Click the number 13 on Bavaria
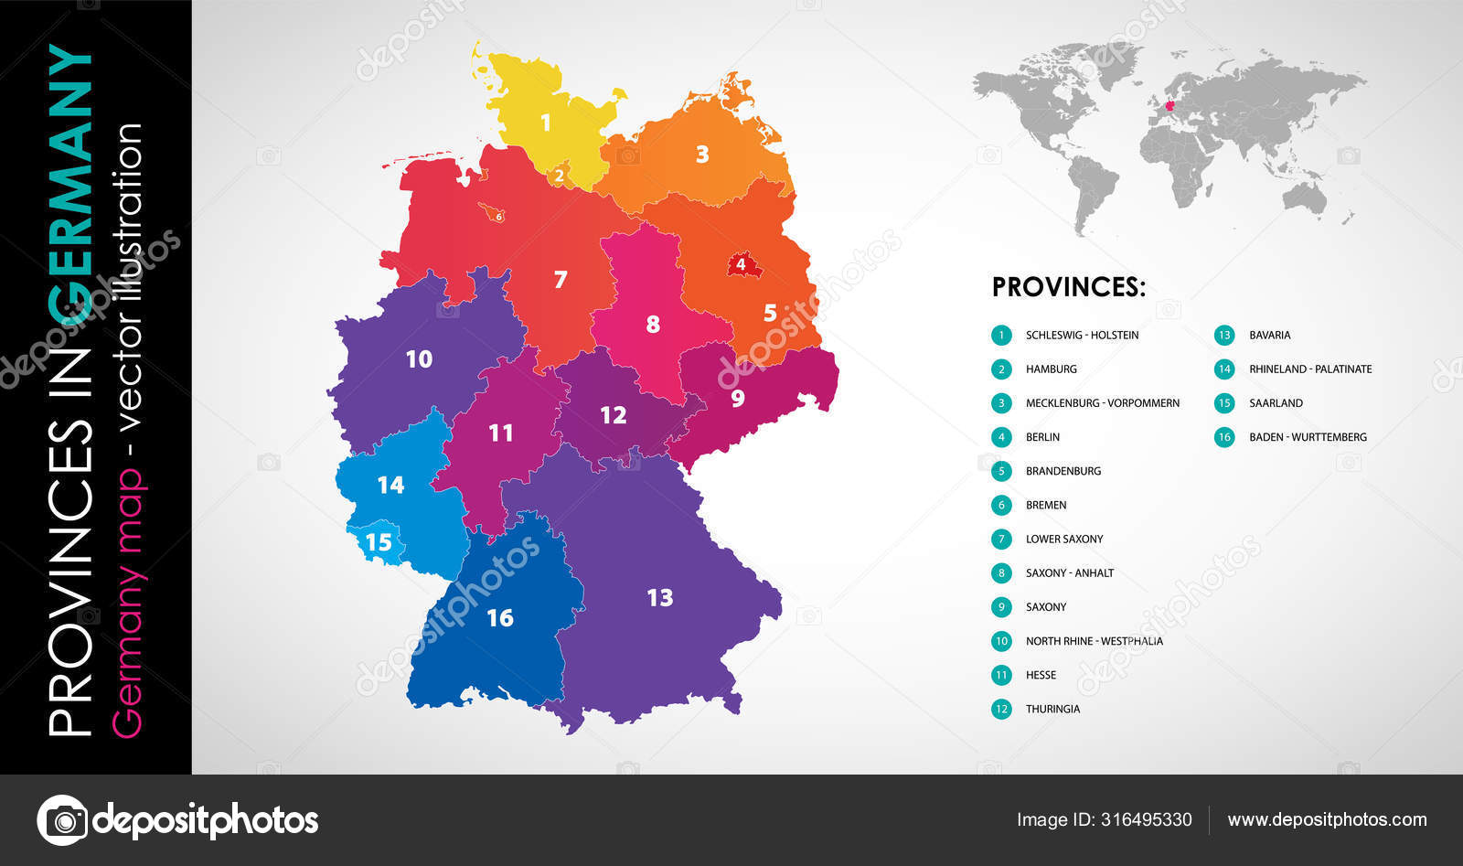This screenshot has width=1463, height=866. pos(659,598)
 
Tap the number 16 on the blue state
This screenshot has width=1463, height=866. pos(499,618)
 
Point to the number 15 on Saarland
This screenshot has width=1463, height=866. pos(378,542)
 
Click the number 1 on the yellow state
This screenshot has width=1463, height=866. pos(546,123)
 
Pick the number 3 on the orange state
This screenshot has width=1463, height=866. pos(701,154)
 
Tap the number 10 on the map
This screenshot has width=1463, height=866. pos(419,359)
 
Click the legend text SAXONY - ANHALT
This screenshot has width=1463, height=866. pos(1069,573)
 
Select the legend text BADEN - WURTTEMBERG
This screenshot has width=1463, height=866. pos(1308,437)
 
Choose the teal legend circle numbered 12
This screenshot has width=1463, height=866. pos(1001,709)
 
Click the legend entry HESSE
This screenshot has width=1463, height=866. pos(1041,675)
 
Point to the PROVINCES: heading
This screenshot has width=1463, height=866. pos(1068,287)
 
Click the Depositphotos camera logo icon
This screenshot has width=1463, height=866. pos(63,819)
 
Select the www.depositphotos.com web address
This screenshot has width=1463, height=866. pos(1327,819)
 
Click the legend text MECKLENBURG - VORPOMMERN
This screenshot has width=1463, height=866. pos(1102,403)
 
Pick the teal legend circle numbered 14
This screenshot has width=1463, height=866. pos(1224,369)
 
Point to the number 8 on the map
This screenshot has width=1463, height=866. pos(652,324)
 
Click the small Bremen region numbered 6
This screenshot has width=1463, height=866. pos(497,215)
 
